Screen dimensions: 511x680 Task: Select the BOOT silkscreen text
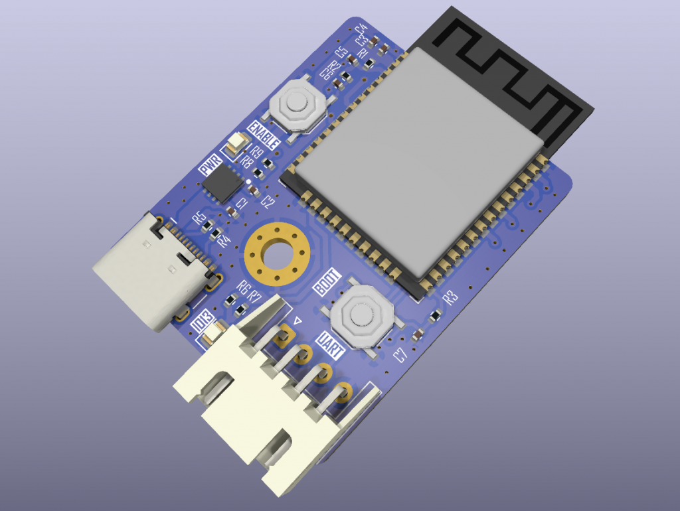[327, 283]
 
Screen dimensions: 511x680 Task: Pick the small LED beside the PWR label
[236, 143]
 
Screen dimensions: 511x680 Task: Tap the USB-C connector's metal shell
[143, 272]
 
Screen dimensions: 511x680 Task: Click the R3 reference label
[451, 297]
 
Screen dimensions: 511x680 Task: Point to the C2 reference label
[267, 200]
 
